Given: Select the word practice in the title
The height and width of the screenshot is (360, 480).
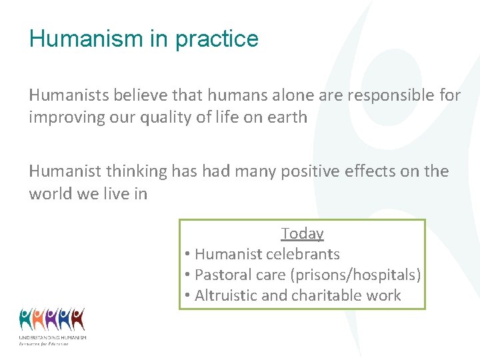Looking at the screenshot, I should click(217, 39).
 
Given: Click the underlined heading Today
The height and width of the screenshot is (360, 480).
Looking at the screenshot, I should click(302, 233).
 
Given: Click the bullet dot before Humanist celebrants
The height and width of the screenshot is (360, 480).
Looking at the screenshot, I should click(189, 255).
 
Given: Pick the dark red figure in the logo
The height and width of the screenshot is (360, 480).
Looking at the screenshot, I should click(78, 319).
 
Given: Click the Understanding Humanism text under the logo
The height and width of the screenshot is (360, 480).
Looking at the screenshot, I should click(52, 338).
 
